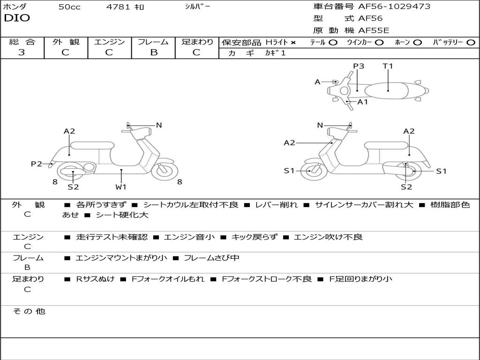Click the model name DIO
[17, 18]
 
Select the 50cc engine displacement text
[69, 7]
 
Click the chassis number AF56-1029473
[394, 7]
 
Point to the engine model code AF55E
[374, 30]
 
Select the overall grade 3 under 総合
[22, 52]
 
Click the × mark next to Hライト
[293, 43]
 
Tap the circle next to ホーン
[418, 43]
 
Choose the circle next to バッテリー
[471, 43]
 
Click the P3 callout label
[359, 66]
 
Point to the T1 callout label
[388, 66]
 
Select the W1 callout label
[121, 187]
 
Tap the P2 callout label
[37, 164]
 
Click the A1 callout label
[363, 102]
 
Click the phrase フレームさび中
[211, 258]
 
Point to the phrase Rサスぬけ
[95, 279]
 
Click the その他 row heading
[29, 311]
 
